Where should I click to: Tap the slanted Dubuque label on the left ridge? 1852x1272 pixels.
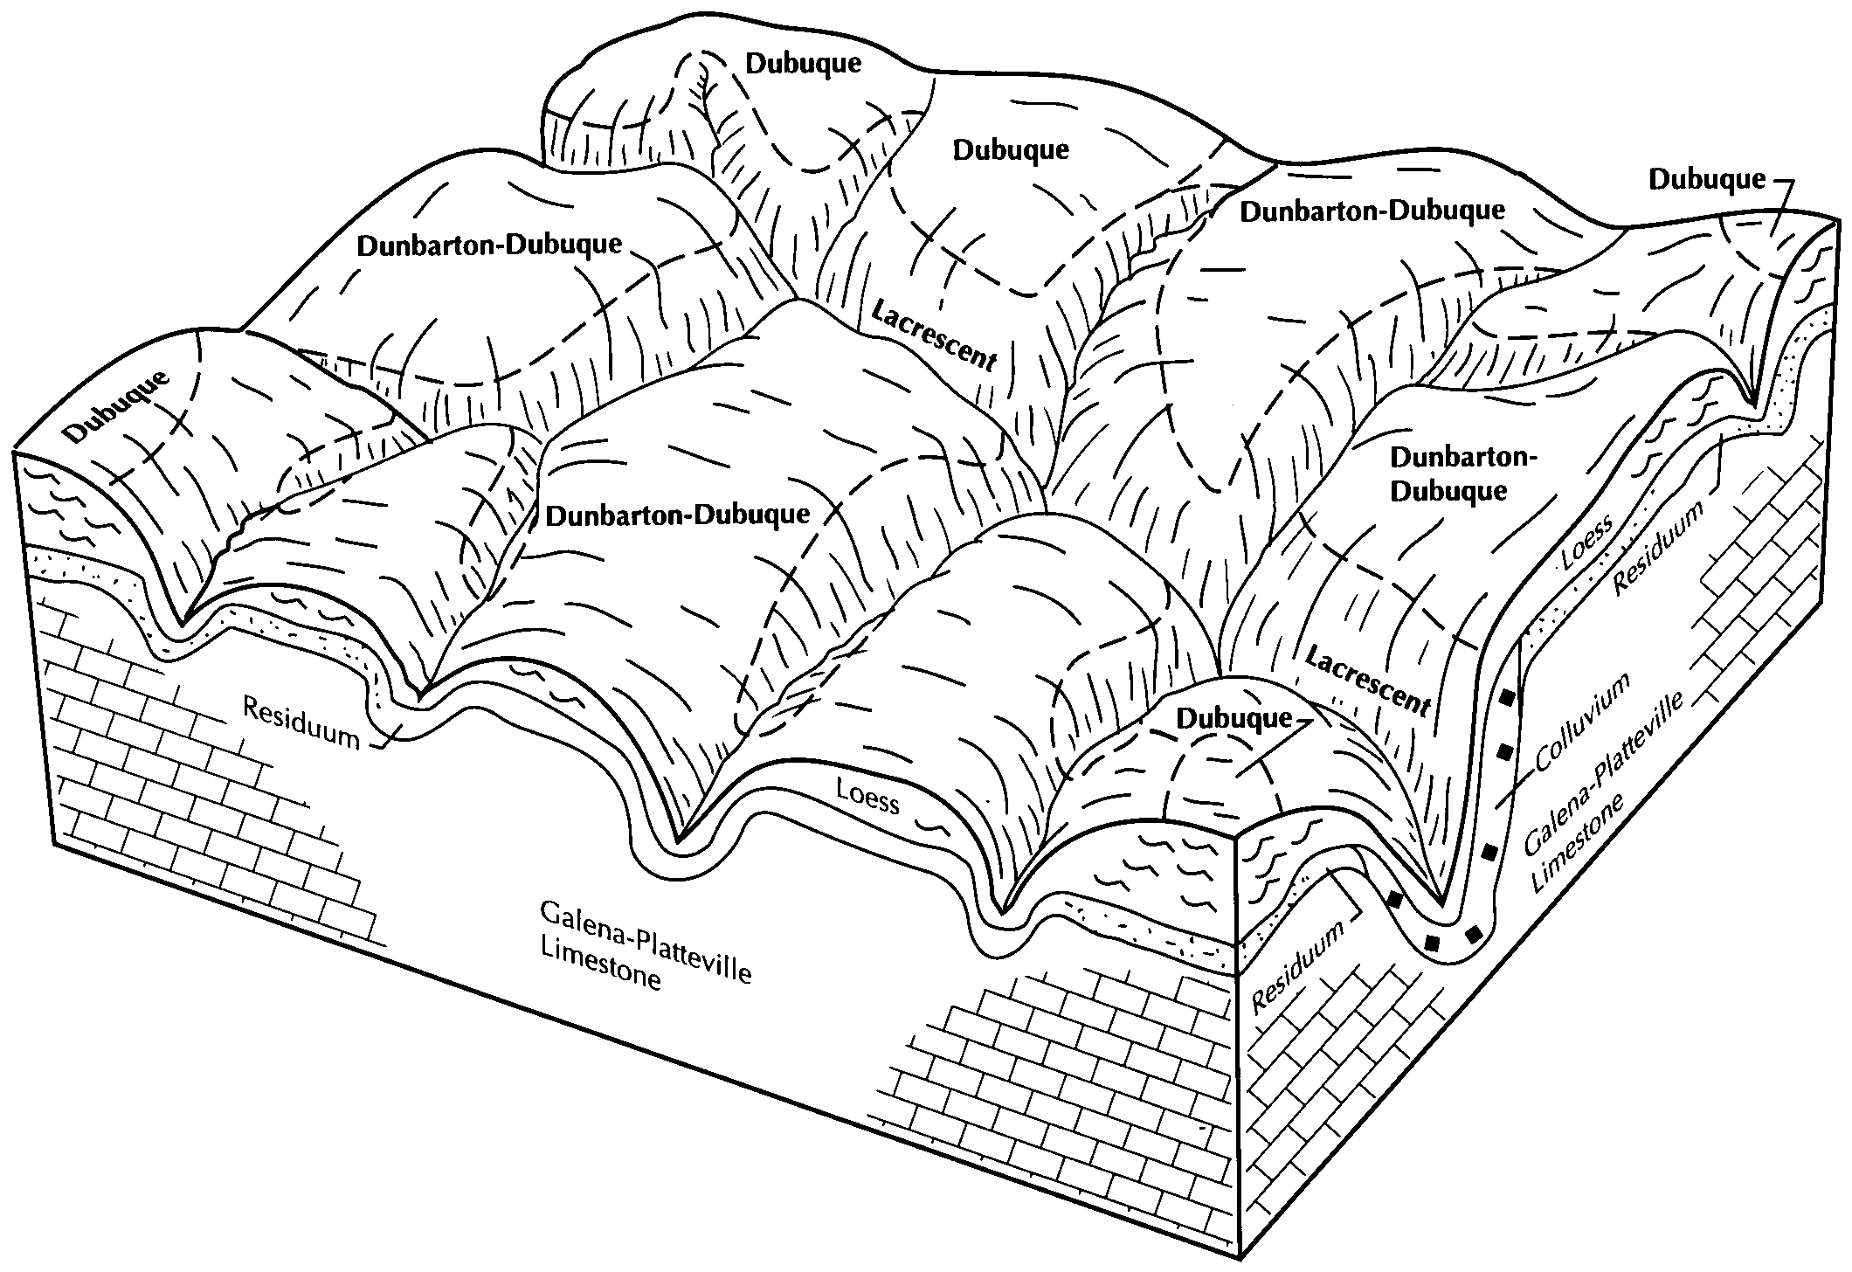(x=118, y=407)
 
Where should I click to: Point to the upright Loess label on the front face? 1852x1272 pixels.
(x=867, y=795)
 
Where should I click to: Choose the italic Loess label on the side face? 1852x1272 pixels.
(x=1588, y=545)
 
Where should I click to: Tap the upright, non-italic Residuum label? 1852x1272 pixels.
(x=301, y=723)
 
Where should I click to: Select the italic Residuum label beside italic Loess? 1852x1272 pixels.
(x=1658, y=551)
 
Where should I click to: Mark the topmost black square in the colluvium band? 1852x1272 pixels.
(x=1507, y=699)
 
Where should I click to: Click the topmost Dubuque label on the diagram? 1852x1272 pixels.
(x=803, y=63)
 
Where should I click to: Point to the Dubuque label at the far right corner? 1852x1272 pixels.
(x=1706, y=179)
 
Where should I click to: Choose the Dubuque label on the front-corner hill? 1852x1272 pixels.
(x=1234, y=718)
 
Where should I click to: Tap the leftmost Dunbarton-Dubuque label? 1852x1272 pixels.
(x=489, y=245)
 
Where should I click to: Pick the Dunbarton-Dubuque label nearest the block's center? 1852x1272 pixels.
(x=677, y=515)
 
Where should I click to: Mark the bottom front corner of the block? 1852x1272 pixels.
(x=1240, y=1258)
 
